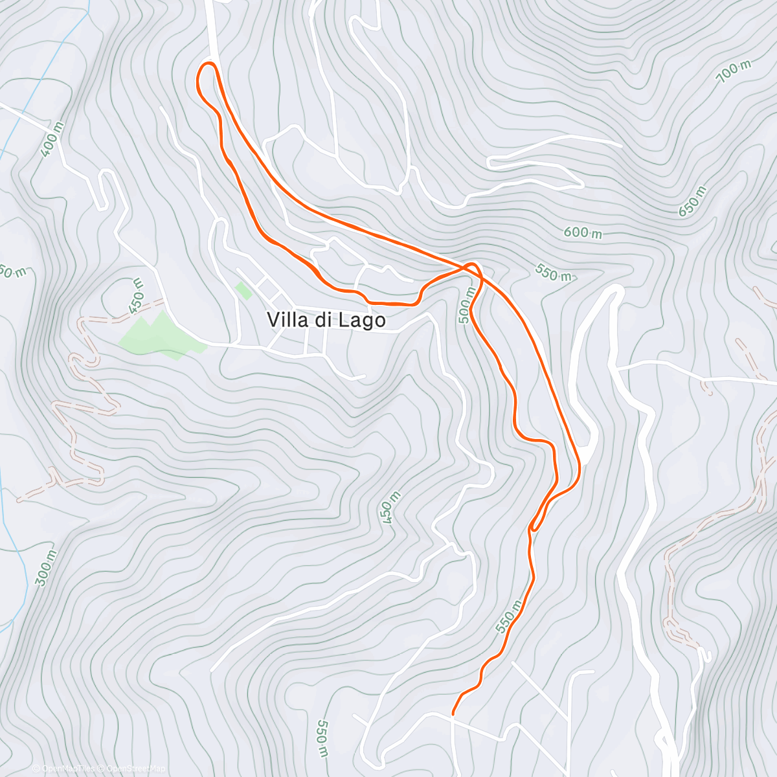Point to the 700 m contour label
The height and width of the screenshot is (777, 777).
[x=734, y=72]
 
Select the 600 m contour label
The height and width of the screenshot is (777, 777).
[x=583, y=232]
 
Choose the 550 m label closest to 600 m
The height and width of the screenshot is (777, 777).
[x=554, y=274]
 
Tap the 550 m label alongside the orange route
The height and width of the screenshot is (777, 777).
[x=509, y=616]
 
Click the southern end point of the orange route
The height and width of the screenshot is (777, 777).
[x=452, y=714]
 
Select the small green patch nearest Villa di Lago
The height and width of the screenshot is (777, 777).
[x=243, y=291]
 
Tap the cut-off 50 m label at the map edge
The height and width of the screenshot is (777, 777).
[x=12, y=271]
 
